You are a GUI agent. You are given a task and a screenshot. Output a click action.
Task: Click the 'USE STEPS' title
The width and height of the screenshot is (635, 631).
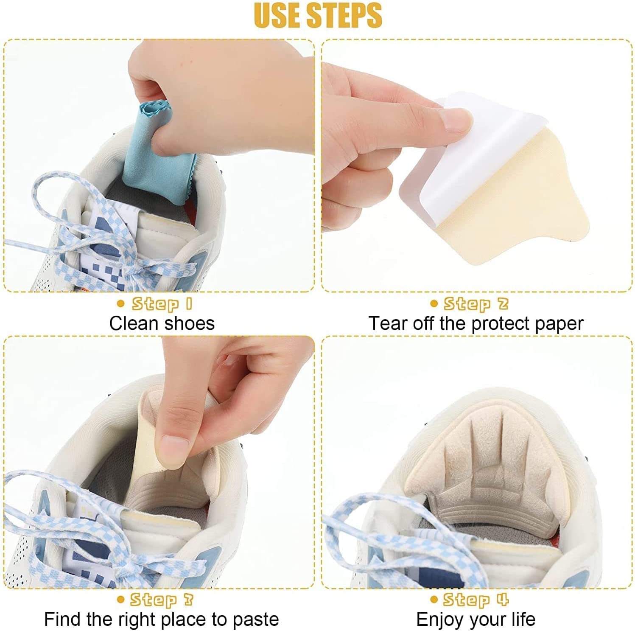(318, 15)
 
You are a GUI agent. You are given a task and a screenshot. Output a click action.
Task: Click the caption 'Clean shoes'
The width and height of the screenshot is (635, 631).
(162, 323)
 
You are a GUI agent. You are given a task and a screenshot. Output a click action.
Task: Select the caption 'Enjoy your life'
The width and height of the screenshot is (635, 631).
(476, 619)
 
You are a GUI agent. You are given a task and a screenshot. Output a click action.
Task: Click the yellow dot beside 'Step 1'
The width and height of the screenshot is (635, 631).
(121, 303)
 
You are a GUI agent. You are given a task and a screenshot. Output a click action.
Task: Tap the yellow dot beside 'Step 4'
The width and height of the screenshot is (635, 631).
(434, 599)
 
